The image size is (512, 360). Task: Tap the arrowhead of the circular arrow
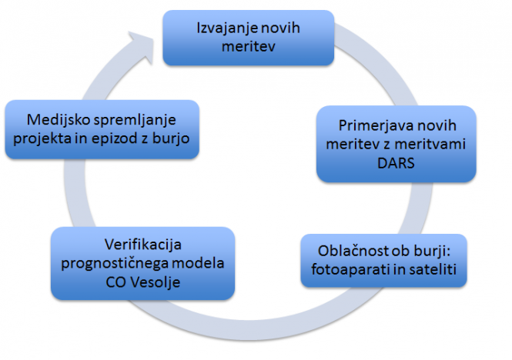pyautogui.click(x=141, y=46)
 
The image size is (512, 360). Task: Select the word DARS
pyautogui.click(x=396, y=163)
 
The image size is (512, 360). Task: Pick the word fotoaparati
pyautogui.click(x=346, y=270)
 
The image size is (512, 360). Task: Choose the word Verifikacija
pyautogui.click(x=143, y=245)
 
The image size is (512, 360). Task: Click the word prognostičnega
pyautogui.click(x=114, y=264)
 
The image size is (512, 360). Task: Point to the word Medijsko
pyautogui.click(x=59, y=120)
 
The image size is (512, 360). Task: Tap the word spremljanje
pyautogui.click(x=135, y=121)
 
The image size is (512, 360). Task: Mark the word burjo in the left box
pyautogui.click(x=171, y=139)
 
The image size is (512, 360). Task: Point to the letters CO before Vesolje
pyautogui.click(x=116, y=282)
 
